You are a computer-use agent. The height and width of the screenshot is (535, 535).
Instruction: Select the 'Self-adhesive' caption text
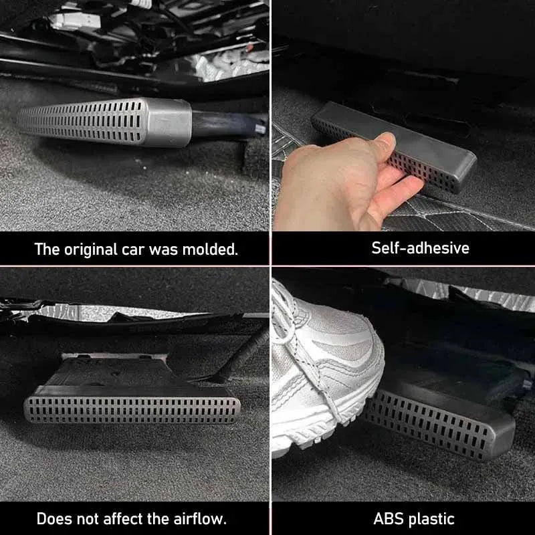pos(420,248)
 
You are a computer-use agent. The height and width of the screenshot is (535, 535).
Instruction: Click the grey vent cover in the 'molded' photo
pos(100,122)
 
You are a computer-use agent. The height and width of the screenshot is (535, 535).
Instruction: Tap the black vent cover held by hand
pos(401,144)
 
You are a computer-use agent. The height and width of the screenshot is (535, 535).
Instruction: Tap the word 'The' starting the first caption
pos(46,249)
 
